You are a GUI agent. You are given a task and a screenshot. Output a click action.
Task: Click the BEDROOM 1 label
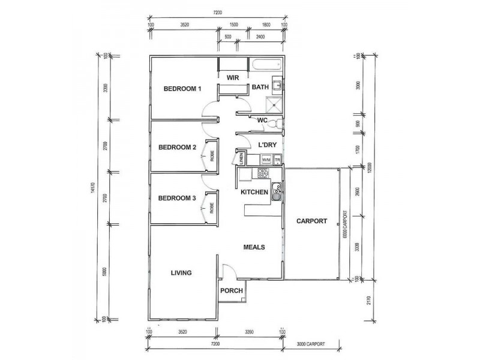coord(182,89)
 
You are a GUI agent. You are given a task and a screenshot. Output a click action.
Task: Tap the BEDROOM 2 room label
coord(178,147)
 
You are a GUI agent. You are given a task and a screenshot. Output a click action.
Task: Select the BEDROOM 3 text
coord(178,199)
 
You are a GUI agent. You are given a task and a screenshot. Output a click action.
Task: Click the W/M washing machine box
coord(266,160)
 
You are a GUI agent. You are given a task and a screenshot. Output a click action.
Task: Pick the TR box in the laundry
coord(278,160)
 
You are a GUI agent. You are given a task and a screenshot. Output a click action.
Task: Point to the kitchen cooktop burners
coord(263,173)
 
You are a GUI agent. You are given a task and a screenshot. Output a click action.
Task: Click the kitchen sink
coord(276,193)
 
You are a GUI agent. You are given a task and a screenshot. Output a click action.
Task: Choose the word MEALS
coord(254,247)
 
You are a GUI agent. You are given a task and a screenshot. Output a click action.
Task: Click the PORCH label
coord(232,291)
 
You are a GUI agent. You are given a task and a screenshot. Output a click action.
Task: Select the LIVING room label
coord(181,273)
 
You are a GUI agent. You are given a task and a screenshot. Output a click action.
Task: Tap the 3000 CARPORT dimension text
coord(311,344)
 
